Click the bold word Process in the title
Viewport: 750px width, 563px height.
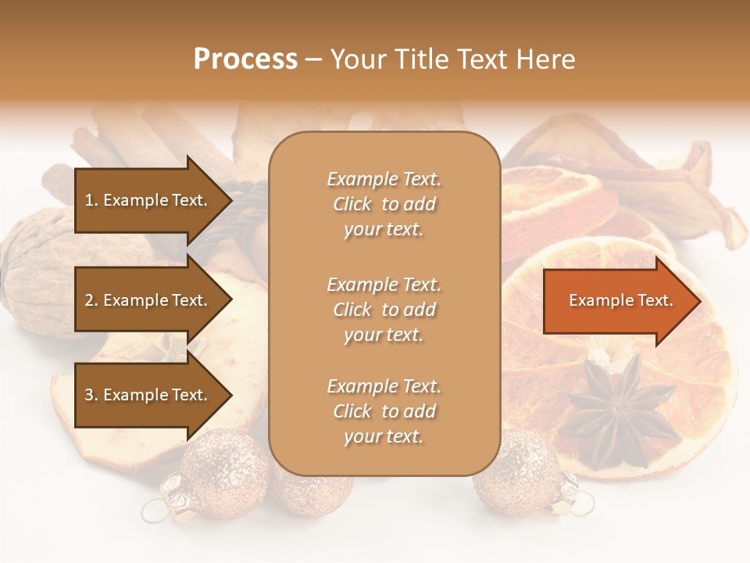245,59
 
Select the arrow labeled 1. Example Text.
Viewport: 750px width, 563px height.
148,200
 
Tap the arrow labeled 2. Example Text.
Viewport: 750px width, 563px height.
148,300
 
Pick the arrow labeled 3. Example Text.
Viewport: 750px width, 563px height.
148,395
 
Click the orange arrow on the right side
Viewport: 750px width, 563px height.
617,301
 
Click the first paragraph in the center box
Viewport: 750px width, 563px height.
384,204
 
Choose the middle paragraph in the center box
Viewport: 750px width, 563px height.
384,310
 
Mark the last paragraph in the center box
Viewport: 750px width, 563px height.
384,411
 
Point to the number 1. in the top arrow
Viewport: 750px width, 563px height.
91,200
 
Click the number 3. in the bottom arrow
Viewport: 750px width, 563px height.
91,395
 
